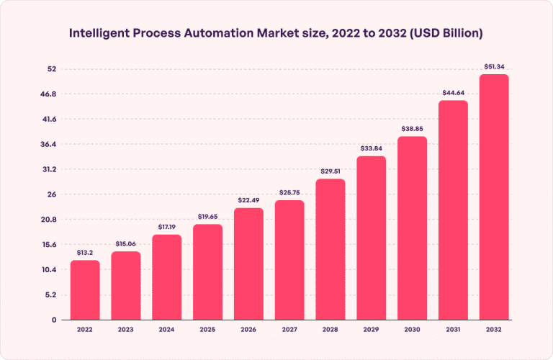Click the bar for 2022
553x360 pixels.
85,290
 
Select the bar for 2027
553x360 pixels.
289,260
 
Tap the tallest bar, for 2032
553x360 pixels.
494,197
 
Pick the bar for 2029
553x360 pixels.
371,238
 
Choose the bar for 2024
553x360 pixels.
166,277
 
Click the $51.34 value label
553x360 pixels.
494,67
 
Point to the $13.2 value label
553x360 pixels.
85,253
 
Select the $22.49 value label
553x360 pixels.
248,201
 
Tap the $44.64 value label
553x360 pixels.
453,93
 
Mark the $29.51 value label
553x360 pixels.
331,171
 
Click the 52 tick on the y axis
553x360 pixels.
52,69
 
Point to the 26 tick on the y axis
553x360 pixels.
52,194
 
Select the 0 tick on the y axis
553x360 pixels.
54,320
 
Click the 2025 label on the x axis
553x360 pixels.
207,330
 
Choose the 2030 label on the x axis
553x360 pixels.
412,330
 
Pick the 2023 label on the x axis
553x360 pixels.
125,330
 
